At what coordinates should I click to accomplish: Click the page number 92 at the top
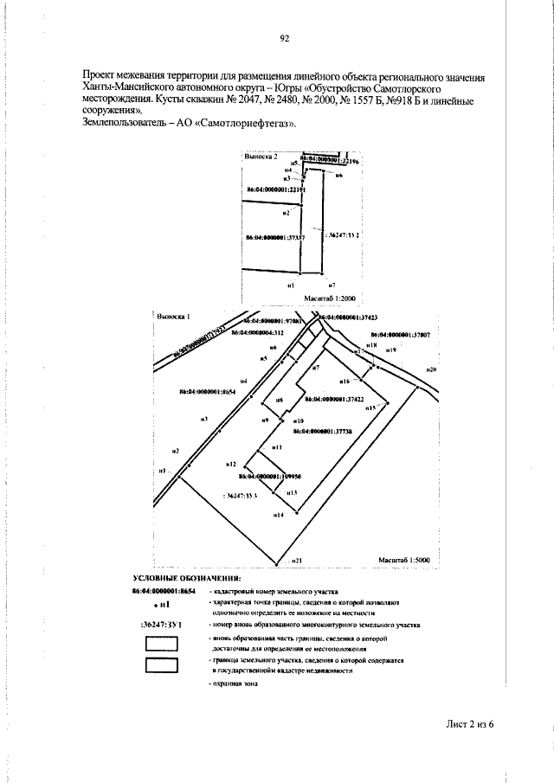[284, 38]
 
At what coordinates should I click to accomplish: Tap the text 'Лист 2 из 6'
[465, 723]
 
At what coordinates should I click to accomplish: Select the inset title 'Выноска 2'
[261, 157]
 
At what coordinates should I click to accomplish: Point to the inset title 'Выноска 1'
[172, 317]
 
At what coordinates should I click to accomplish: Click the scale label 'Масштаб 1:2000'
[325, 297]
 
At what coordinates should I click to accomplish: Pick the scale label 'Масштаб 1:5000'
[405, 561]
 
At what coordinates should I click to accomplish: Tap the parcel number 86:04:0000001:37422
[341, 400]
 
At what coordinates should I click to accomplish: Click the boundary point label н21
[296, 561]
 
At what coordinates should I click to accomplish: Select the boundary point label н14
[278, 516]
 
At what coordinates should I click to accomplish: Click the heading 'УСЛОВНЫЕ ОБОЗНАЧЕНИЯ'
[186, 577]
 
